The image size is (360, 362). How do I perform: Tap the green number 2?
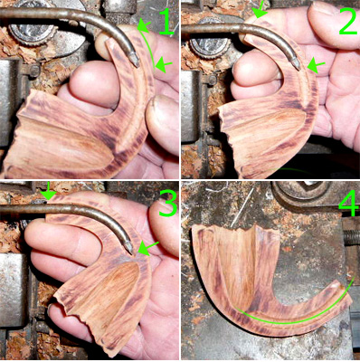(347, 21)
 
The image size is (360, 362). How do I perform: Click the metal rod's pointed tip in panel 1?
(137, 64)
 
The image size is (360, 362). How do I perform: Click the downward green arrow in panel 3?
(48, 191)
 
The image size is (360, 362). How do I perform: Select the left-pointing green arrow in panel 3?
(148, 248)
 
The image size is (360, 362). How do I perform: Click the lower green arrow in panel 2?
(316, 66)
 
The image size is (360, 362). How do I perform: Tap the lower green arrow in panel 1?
(164, 64)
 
